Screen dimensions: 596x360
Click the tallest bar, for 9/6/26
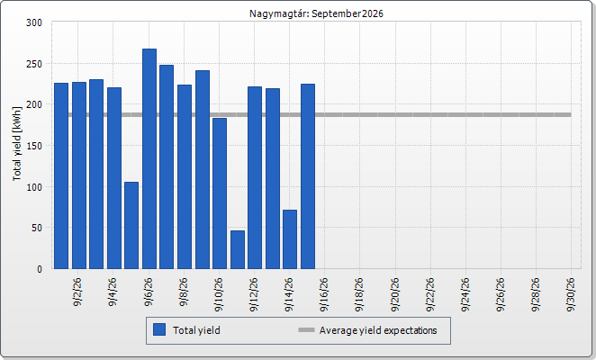[149, 159]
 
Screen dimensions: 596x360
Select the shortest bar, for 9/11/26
[238, 250]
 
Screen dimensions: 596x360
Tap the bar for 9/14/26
[290, 239]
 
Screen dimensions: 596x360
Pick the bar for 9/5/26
[131, 225]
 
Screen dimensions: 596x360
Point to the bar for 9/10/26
[220, 193]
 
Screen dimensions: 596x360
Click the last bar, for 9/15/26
[308, 176]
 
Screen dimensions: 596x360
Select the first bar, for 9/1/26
[61, 176]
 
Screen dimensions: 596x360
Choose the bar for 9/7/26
[167, 166]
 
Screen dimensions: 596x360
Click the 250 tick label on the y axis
[34, 64]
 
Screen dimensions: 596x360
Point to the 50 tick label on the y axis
[37, 228]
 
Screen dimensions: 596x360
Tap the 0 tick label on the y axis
[40, 269]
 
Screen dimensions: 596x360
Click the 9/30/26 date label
[571, 294]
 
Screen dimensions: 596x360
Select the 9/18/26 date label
[359, 294]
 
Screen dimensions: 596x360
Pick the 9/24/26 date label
[465, 294]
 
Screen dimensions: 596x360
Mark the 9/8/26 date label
[184, 292]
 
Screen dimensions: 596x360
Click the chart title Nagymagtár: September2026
[316, 13]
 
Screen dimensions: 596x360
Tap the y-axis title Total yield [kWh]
[17, 144]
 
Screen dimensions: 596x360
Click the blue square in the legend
[159, 329]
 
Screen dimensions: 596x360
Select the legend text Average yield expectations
[378, 330]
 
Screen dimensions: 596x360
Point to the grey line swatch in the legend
[306, 330]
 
